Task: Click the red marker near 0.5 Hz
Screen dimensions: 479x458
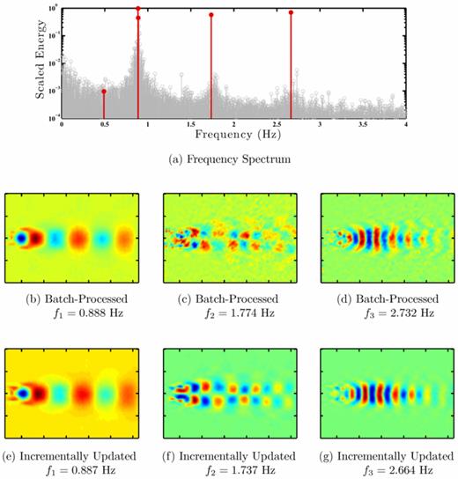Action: pos(104,91)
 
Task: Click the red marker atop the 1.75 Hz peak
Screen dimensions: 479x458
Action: pos(211,15)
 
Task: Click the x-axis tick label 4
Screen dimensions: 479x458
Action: pos(405,125)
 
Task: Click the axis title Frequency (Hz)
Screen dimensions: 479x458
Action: pos(233,136)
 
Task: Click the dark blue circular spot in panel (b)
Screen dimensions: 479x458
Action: pos(22,236)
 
